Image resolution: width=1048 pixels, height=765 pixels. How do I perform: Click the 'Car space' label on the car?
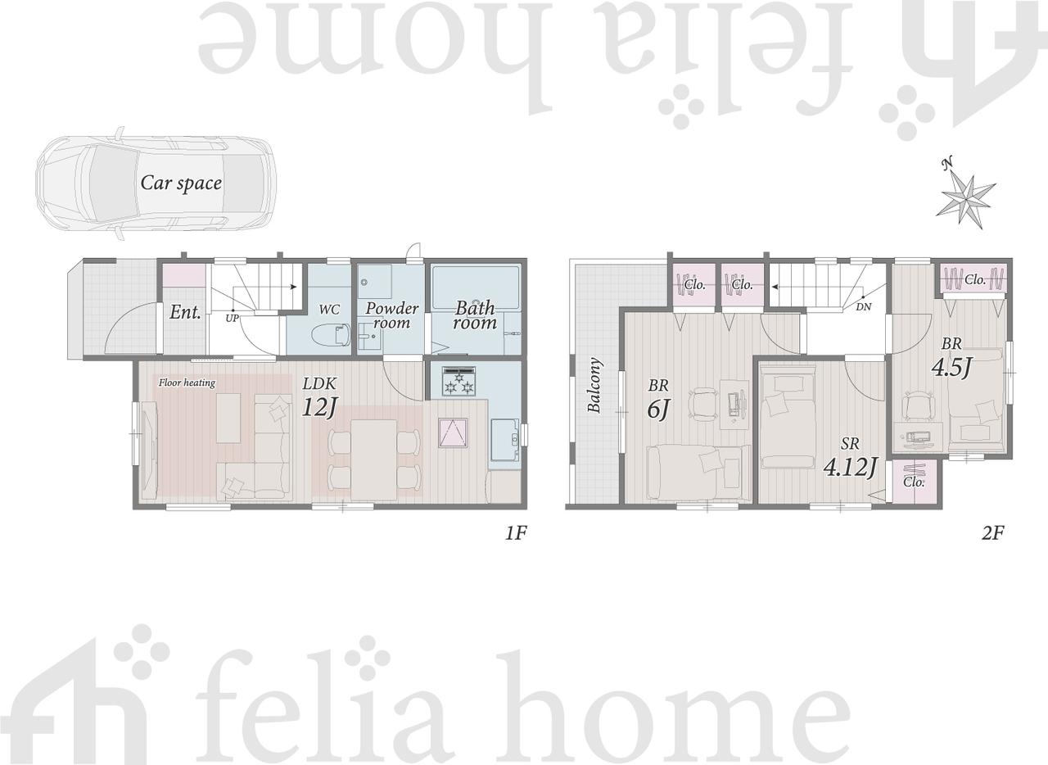coord(181,183)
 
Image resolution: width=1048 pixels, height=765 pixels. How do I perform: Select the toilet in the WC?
coord(332,334)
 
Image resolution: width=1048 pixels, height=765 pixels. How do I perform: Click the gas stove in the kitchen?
coord(459,381)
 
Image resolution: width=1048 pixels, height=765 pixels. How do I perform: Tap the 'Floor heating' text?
coord(187,383)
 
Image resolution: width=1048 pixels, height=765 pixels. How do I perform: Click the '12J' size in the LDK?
coord(319,407)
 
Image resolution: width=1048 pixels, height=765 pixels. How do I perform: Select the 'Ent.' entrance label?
coord(185,312)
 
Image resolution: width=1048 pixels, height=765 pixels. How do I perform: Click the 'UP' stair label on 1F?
coord(232,319)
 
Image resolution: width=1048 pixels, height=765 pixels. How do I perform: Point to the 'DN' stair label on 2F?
coord(864,308)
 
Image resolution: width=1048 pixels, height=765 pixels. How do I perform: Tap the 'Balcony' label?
coord(594,385)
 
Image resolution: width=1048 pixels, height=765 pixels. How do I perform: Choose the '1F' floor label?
coord(516,534)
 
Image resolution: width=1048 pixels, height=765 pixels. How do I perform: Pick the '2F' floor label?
coord(993,533)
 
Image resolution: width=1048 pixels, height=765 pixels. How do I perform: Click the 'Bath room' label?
coord(475,315)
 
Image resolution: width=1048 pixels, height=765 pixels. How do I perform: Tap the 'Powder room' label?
coord(391,315)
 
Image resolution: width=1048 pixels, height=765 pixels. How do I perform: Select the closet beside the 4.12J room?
coord(913,482)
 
